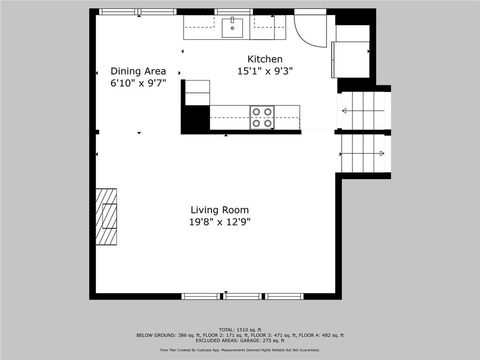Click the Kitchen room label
click(x=265, y=59)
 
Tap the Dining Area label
click(x=138, y=71)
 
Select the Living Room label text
click(x=219, y=210)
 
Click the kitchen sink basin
click(x=232, y=28)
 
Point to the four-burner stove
click(x=262, y=118)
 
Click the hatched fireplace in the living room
click(x=106, y=217)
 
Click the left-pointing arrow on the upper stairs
click(x=363, y=111)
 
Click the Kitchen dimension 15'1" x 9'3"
click(x=265, y=71)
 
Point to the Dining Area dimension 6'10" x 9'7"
click(x=138, y=83)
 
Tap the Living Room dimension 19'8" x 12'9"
click(x=220, y=222)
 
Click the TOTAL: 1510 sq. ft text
click(x=240, y=330)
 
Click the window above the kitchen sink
click(x=233, y=12)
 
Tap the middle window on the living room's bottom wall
click(x=242, y=296)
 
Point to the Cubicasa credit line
click(x=240, y=350)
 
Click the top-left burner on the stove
click(x=256, y=112)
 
